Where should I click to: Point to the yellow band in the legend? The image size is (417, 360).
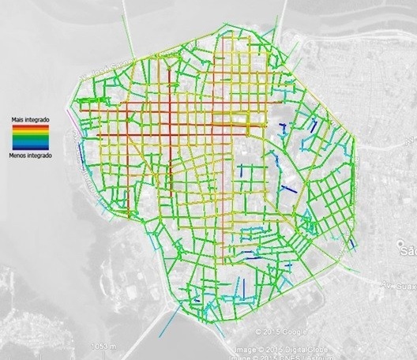click(30, 133)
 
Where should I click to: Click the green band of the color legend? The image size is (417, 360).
click(30, 139)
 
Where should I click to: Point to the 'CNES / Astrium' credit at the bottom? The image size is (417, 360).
click(312, 354)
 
